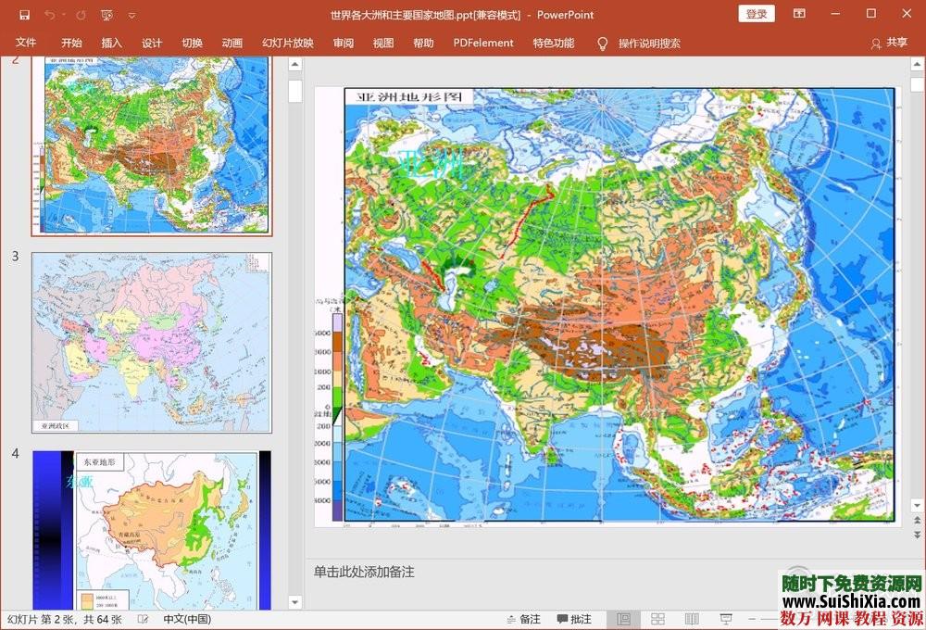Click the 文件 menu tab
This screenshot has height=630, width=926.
point(26,43)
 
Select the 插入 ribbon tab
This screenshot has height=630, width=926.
point(111,43)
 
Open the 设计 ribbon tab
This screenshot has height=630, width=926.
point(152,43)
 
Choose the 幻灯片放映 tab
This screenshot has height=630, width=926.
point(287,43)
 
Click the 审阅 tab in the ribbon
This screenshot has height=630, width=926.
point(344,43)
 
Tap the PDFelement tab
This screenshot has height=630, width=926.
point(483,43)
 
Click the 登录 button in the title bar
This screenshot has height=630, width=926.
point(757,14)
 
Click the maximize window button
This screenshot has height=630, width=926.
point(870,14)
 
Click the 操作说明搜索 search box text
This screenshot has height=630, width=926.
point(649,43)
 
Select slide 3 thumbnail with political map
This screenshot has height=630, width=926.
point(152,342)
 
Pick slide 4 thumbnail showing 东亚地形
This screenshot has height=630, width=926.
point(152,530)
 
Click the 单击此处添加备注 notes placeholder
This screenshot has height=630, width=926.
point(364,572)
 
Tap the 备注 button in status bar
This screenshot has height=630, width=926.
point(523,619)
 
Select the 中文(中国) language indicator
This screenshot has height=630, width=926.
point(187,619)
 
